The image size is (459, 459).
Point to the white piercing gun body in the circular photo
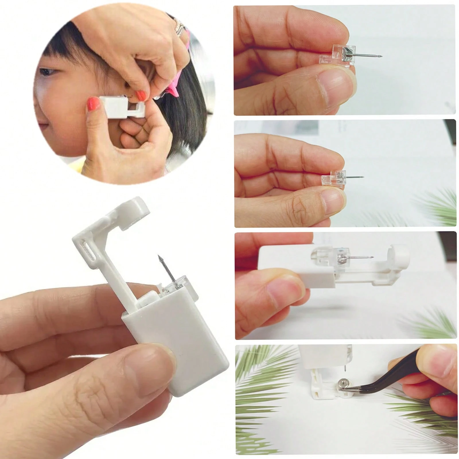[x=115, y=106]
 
